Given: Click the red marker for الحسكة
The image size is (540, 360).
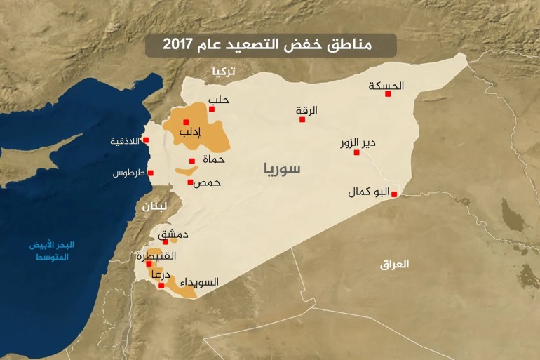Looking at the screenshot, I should coord(387,93).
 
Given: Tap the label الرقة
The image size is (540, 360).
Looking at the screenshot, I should coord(306,110).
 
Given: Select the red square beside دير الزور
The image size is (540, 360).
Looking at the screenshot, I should coord(356,152).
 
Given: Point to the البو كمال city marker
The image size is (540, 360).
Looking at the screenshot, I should coord(394,194).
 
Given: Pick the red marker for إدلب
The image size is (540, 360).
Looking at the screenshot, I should coord(186,122).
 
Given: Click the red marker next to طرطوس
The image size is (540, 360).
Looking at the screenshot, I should coord(150,173).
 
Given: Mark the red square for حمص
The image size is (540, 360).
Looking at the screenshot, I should coord(190,182).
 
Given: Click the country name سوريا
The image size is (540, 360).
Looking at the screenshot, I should coord(282,168).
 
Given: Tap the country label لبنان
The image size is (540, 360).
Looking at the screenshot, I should coord(154,206).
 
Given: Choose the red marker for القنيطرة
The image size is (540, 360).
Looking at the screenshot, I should coord(149,265).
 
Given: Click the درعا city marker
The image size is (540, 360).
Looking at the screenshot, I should coord(161,286).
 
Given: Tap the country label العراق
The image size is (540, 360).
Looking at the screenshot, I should coord(394,265).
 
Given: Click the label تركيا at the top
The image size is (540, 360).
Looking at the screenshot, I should coord(225,72).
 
